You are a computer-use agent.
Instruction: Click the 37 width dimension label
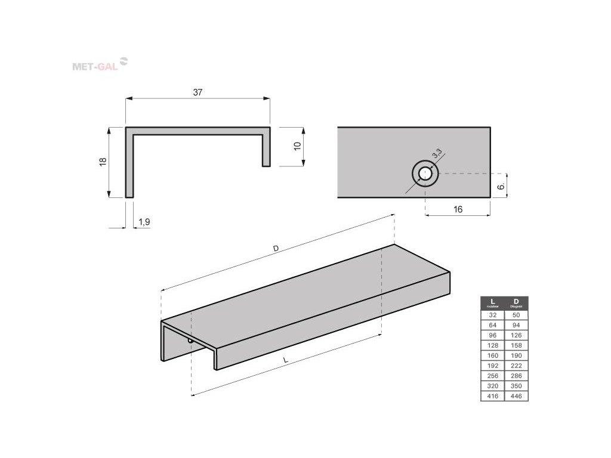198,92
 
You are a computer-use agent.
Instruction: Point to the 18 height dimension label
103,162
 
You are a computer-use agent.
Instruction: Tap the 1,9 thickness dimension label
144,222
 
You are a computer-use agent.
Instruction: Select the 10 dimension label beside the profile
297,147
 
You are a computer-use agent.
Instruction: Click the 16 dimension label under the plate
458,209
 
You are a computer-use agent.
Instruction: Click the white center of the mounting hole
425,174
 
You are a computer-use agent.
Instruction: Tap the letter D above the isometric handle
276,247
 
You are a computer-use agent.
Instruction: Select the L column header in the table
492,302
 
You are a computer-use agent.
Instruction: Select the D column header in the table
516,302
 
